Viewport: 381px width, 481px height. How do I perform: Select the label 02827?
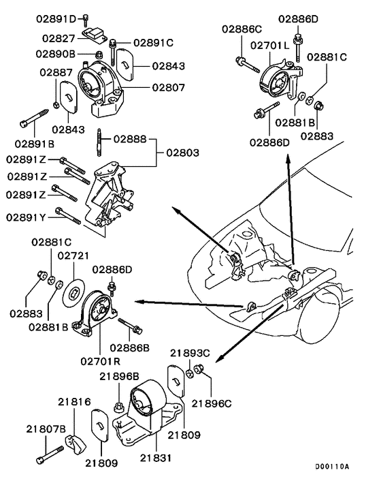tap(57, 39)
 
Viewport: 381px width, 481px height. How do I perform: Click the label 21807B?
tap(46, 429)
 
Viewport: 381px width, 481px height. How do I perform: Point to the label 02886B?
tap(132, 347)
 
